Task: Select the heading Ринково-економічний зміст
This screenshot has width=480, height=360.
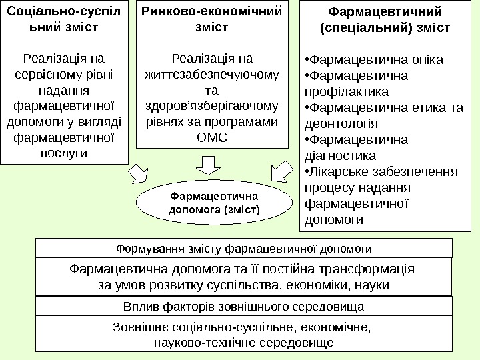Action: click(213, 20)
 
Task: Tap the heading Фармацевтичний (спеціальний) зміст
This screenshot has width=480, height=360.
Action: click(386, 20)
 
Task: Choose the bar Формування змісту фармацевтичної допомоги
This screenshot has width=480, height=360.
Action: click(243, 249)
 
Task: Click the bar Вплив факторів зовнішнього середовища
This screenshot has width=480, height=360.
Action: click(243, 307)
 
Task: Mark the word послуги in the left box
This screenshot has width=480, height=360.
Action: click(64, 153)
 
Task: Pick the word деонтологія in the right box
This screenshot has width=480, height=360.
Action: click(340, 123)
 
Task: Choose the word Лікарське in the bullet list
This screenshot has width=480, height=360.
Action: click(333, 171)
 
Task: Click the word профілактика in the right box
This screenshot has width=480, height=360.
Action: click(346, 91)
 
